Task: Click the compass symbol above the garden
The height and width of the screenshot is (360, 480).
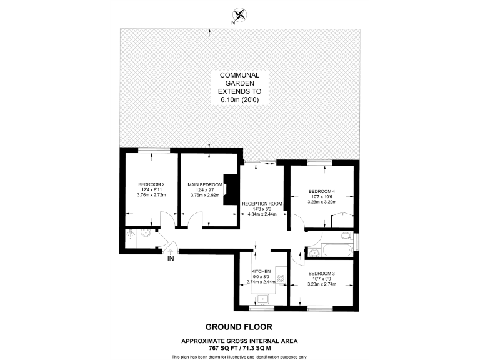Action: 239,14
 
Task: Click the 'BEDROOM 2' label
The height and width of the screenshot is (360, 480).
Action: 151,184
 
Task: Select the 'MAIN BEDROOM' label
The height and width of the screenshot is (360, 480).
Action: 206,185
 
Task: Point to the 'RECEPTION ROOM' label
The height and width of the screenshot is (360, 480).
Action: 262,204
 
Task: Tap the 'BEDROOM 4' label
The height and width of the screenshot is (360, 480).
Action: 322,191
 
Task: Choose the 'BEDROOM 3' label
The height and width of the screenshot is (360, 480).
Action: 322,274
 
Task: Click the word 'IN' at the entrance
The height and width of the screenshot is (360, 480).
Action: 171,257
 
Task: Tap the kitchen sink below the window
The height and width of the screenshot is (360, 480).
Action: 263,299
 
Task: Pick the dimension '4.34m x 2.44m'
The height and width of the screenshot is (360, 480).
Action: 262,214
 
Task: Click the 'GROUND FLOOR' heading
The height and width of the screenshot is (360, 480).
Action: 239,327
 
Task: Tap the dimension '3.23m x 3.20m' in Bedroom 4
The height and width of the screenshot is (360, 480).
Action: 322,202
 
